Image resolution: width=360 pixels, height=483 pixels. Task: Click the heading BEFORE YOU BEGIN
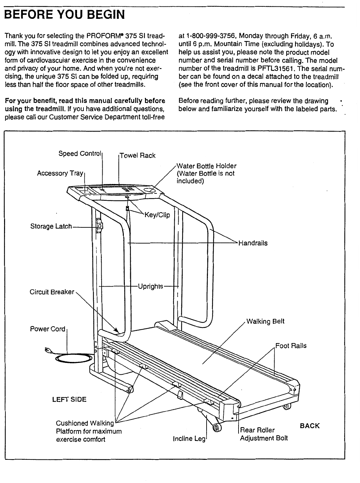coord(64,14)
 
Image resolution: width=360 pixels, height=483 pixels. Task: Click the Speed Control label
coord(80,154)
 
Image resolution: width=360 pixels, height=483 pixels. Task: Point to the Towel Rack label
coord(138,155)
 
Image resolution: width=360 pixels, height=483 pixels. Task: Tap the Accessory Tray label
coord(60,173)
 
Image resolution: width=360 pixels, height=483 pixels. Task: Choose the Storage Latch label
coord(51,226)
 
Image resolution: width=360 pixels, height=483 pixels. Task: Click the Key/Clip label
coord(157,215)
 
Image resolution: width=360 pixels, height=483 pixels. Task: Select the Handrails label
coord(253,243)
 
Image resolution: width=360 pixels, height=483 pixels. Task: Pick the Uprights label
coord(151,286)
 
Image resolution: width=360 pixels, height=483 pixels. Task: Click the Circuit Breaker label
coord(52,292)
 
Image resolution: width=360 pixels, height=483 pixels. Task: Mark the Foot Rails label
coord(291,345)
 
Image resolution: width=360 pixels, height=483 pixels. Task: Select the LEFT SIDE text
coord(70,400)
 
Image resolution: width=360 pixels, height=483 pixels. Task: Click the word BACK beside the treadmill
coord(310,426)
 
